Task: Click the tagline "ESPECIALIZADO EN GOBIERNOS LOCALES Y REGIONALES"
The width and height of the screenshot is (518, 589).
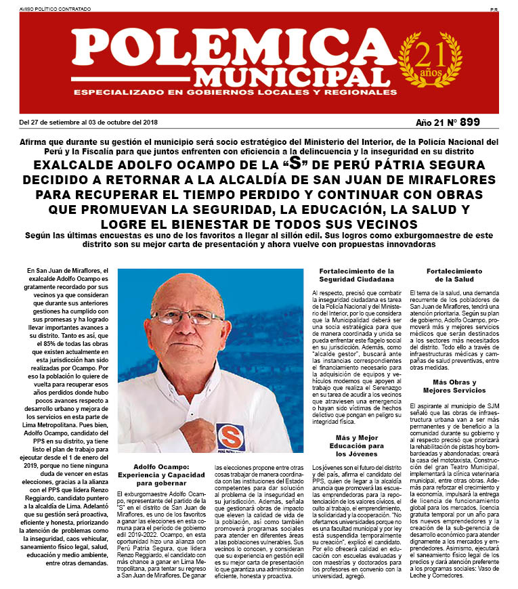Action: [x=230, y=92]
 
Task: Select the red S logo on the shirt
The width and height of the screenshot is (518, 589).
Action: [x=230, y=435]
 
